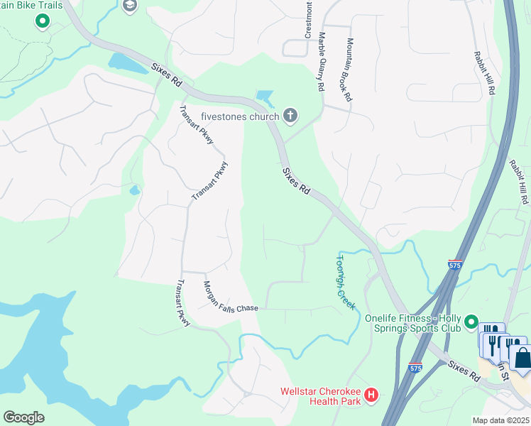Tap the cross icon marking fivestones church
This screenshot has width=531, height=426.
290,114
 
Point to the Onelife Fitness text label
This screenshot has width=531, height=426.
412,323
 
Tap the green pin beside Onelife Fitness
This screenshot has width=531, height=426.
471,324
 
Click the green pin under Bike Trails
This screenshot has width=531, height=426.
42,21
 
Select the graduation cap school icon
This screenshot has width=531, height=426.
129,6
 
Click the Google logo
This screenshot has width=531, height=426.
23,417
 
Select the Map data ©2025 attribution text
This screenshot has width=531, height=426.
500,420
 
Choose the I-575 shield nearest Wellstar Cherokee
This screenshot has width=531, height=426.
415,368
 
